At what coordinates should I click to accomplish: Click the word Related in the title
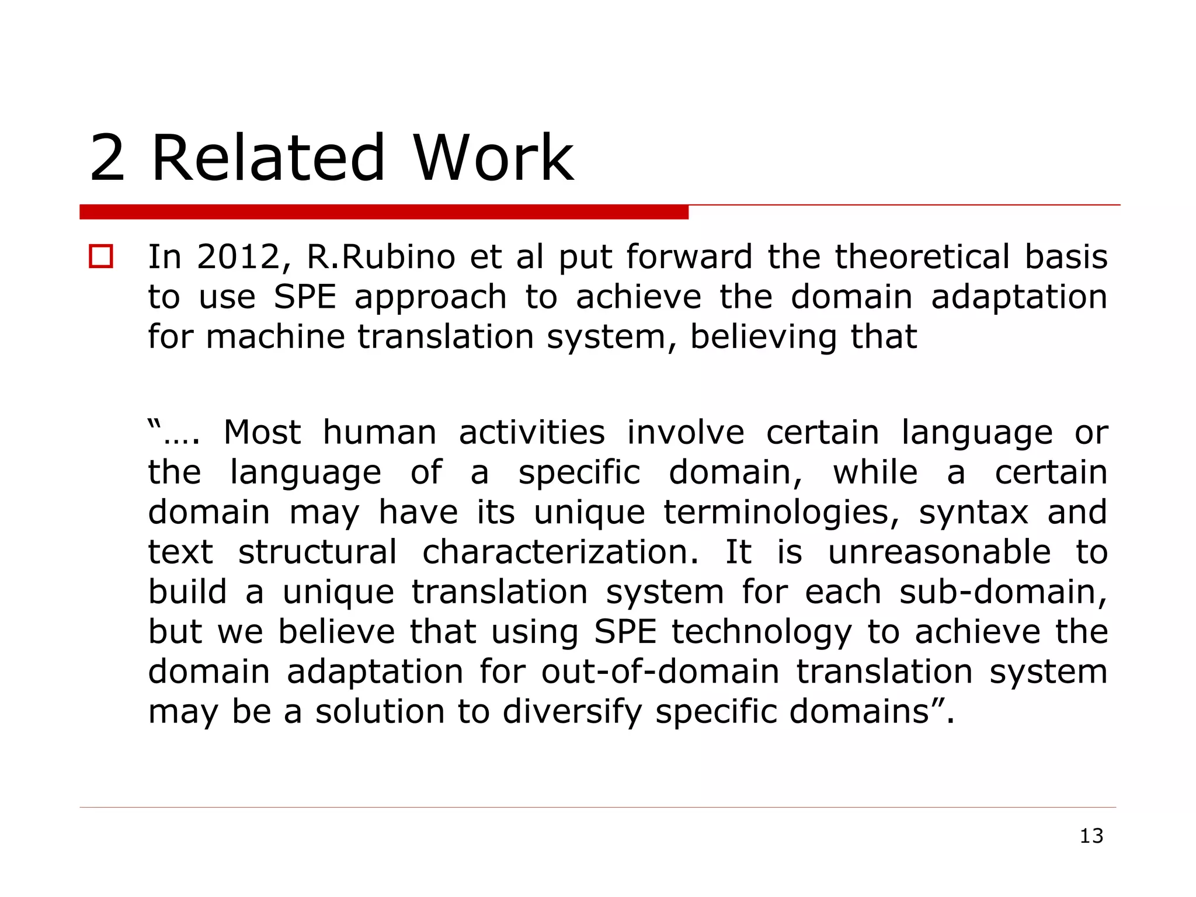[268, 158]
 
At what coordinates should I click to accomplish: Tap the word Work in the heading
[493, 158]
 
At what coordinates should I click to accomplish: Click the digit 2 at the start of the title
[107, 158]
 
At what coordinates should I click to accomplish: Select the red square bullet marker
[100, 257]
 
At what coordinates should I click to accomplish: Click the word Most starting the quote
[262, 433]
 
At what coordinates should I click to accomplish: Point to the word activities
[531, 433]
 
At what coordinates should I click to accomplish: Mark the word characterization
[560, 552]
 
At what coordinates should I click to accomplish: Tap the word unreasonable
[939, 552]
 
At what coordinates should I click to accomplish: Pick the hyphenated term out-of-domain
[660, 672]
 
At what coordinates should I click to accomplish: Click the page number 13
[1091, 836]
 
